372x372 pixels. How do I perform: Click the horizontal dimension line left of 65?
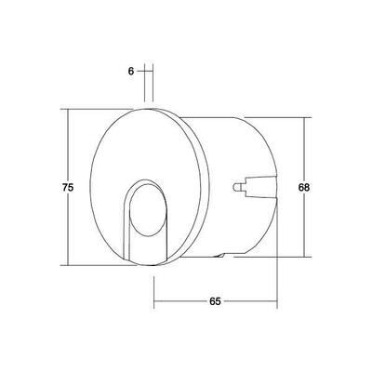pos(177,303)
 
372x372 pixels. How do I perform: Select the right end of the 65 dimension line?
pos(276,303)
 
